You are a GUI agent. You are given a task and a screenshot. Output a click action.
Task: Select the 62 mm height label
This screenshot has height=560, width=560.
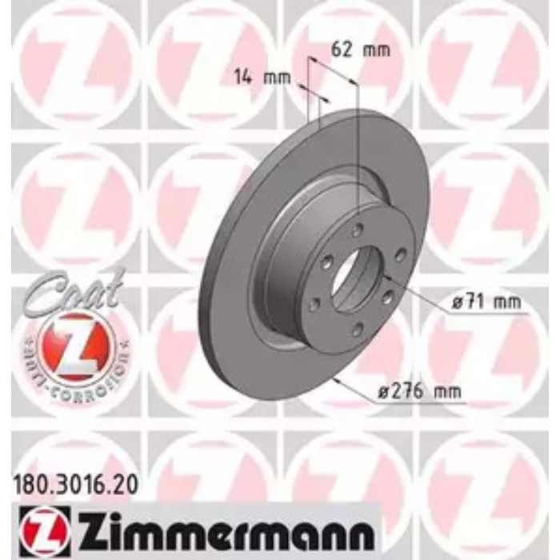click(x=360, y=50)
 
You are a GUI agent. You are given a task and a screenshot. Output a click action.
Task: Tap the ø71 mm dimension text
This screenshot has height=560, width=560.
click(x=485, y=302)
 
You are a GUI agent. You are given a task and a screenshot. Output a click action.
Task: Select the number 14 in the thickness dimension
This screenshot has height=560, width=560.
click(x=242, y=78)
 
